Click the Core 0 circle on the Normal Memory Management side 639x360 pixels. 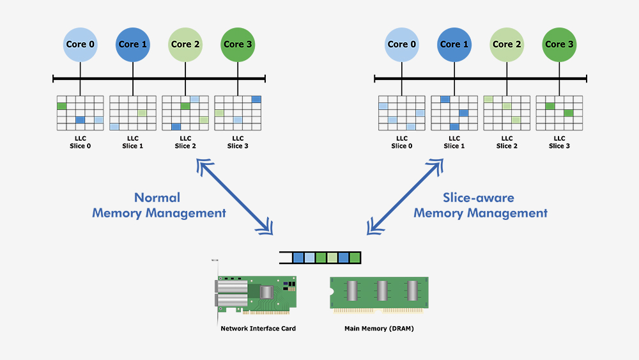coord(81,44)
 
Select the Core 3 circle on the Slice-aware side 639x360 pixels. coord(559,44)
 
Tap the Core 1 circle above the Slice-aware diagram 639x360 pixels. coord(454,44)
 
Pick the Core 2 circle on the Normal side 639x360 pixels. coord(185,44)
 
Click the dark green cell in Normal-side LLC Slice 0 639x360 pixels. coord(61,106)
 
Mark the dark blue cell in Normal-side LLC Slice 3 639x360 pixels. coord(256,99)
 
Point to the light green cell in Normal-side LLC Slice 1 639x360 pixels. coord(142,113)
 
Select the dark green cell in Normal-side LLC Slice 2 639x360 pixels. coord(185,106)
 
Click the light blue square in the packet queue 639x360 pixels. coord(309,258)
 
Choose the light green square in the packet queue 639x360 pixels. coord(332,258)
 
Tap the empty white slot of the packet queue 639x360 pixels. coord(286,258)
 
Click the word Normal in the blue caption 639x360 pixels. coord(157,198)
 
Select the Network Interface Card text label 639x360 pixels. coord(258,329)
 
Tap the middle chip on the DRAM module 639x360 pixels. coord(382,292)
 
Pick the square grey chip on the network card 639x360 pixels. coord(266,292)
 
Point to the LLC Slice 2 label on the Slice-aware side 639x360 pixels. coord(507,142)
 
